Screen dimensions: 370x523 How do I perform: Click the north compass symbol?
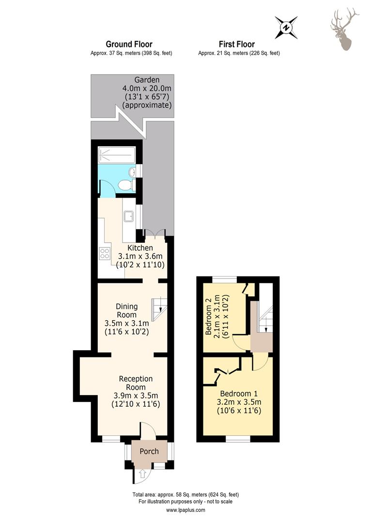point(286,27)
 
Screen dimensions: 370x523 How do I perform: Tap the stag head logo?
point(344,30)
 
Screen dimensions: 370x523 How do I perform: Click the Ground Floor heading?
point(129,44)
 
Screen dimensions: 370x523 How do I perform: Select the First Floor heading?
point(236,44)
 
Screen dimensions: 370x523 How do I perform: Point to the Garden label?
point(147,80)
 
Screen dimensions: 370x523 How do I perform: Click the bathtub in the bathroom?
point(117,155)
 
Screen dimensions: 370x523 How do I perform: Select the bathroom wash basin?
point(132,172)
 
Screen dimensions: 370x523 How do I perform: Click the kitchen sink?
point(128,216)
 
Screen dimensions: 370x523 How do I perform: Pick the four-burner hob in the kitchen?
point(105,253)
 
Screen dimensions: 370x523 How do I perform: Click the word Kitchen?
point(140,248)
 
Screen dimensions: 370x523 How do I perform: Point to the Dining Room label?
point(126,310)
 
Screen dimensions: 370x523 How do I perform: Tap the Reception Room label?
point(136,383)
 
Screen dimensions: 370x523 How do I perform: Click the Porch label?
point(149,451)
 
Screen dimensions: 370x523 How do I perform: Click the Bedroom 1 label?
point(239,394)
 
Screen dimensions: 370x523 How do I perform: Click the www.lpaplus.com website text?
point(185,509)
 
